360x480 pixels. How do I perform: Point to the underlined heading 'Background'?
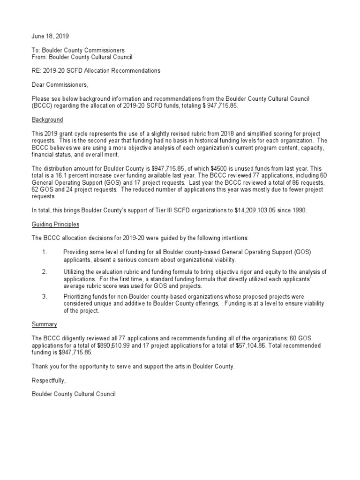click(x=47, y=120)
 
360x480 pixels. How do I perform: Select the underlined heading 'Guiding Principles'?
click(x=55, y=225)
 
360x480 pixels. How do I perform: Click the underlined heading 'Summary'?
click(x=44, y=324)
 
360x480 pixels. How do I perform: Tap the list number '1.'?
click(x=45, y=252)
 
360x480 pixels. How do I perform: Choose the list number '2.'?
click(x=45, y=272)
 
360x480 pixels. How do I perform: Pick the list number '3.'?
click(x=45, y=296)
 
